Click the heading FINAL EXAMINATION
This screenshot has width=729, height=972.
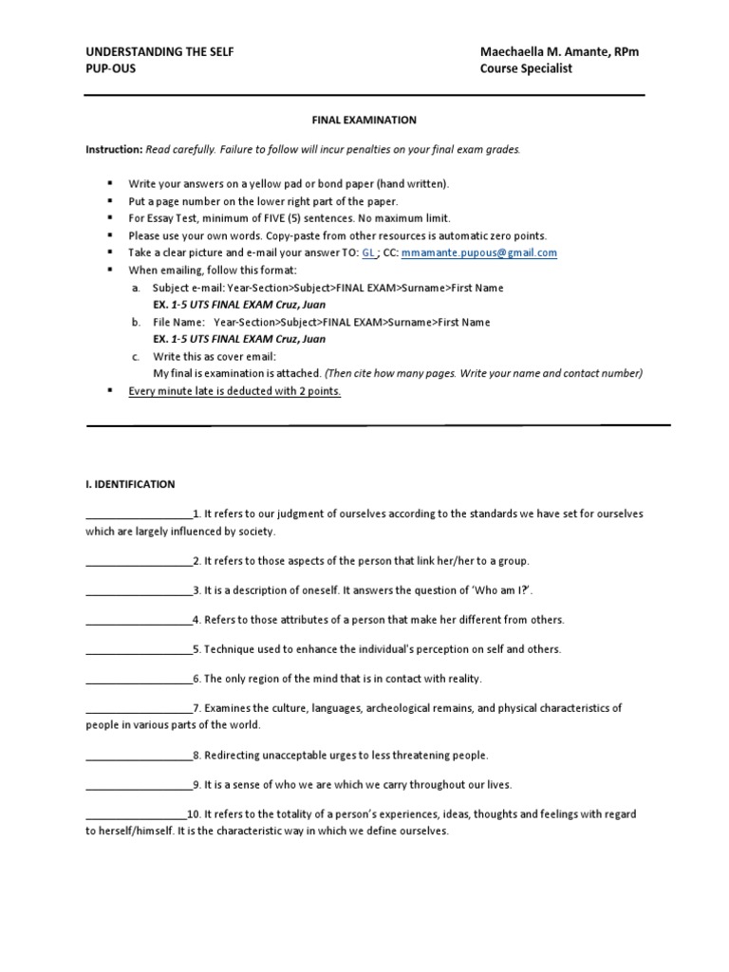[x=364, y=121]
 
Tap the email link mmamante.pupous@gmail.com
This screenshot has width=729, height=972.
[x=479, y=253]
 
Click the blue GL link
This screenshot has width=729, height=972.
[x=369, y=253]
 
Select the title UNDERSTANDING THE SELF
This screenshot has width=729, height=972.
[x=159, y=52]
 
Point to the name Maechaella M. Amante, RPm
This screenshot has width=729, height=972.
[x=559, y=52]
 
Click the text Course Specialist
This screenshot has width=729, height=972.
[x=526, y=70]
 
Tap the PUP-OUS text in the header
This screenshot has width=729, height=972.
[x=111, y=70]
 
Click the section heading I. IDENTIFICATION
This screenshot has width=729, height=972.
[x=130, y=484]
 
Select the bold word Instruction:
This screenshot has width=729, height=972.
[x=114, y=150]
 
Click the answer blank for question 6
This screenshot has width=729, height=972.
[x=139, y=680]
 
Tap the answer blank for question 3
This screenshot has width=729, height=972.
[x=139, y=591]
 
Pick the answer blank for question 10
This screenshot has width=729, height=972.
[x=136, y=815]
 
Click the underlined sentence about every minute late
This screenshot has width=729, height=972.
[x=234, y=391]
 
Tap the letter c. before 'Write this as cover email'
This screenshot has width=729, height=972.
[x=137, y=357]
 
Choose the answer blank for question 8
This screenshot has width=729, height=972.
[x=139, y=757]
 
